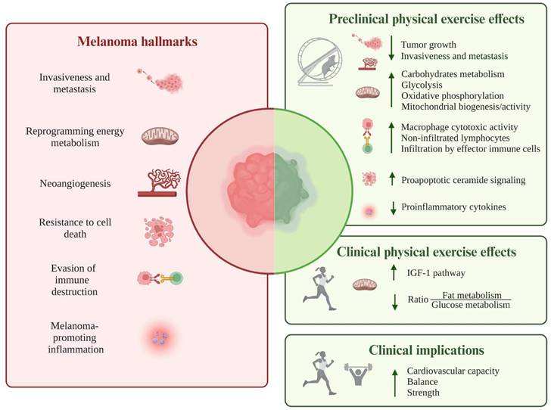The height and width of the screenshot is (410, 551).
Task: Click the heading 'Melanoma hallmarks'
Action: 136,42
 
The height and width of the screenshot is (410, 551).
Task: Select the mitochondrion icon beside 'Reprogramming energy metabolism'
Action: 159,136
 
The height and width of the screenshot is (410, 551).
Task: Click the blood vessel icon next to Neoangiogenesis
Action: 159,182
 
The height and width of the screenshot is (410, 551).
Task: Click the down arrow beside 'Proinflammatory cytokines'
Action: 391,207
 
